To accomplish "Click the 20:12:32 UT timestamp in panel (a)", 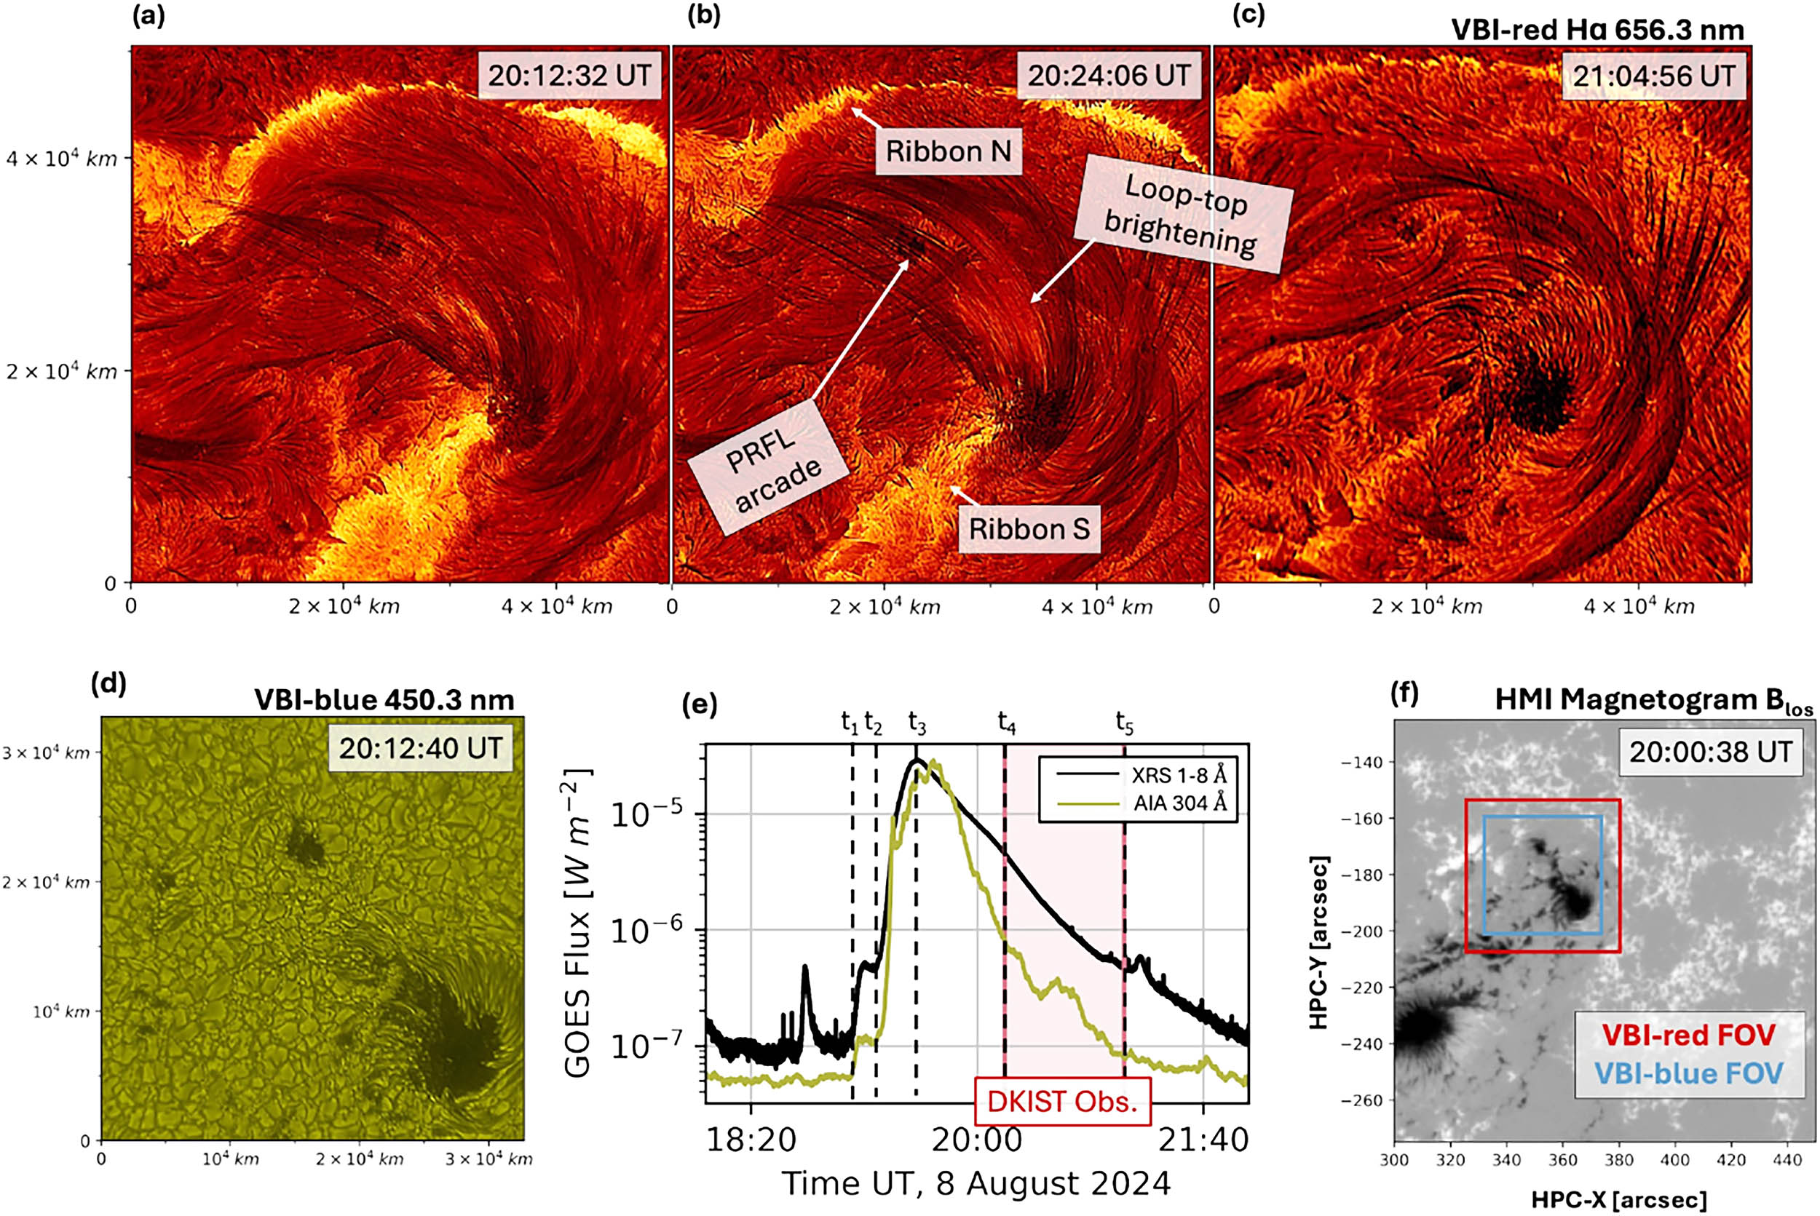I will point(569,75).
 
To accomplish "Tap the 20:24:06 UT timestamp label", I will point(1109,75).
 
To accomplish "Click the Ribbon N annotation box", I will point(948,151).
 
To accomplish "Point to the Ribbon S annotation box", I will point(1029,529).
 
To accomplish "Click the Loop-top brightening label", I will point(1183,213).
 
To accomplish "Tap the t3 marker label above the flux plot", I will point(917,723).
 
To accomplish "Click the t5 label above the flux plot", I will point(1124,723).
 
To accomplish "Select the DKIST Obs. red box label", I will point(1061,1100).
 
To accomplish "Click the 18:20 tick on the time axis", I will point(751,1139).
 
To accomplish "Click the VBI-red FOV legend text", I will point(1688,1035).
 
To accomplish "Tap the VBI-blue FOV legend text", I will point(1688,1073).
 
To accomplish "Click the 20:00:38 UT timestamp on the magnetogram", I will point(1710,751).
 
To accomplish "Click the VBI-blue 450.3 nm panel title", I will point(384,699).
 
